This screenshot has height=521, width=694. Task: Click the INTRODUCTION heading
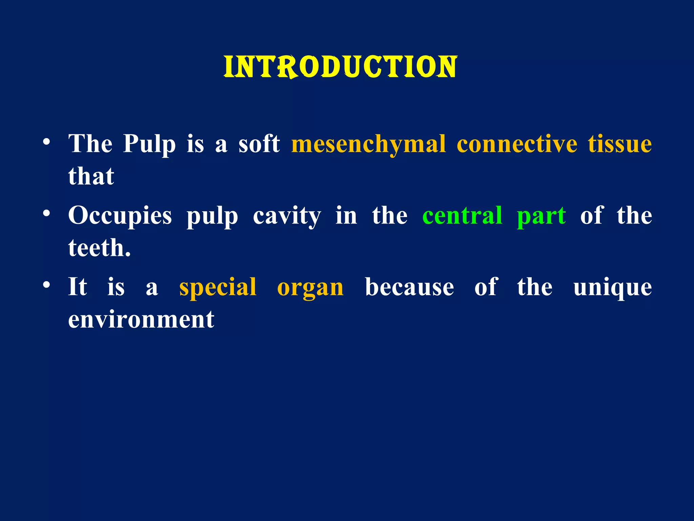[x=340, y=67]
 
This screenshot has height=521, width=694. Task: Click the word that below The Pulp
[x=91, y=176]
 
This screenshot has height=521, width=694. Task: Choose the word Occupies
[x=120, y=216]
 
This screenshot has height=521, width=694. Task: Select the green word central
[x=462, y=216]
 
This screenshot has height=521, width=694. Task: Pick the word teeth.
[x=99, y=248]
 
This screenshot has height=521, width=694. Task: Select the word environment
[x=141, y=320]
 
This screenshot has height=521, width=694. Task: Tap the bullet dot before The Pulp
[x=47, y=141]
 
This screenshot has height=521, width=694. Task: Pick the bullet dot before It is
[x=47, y=285]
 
